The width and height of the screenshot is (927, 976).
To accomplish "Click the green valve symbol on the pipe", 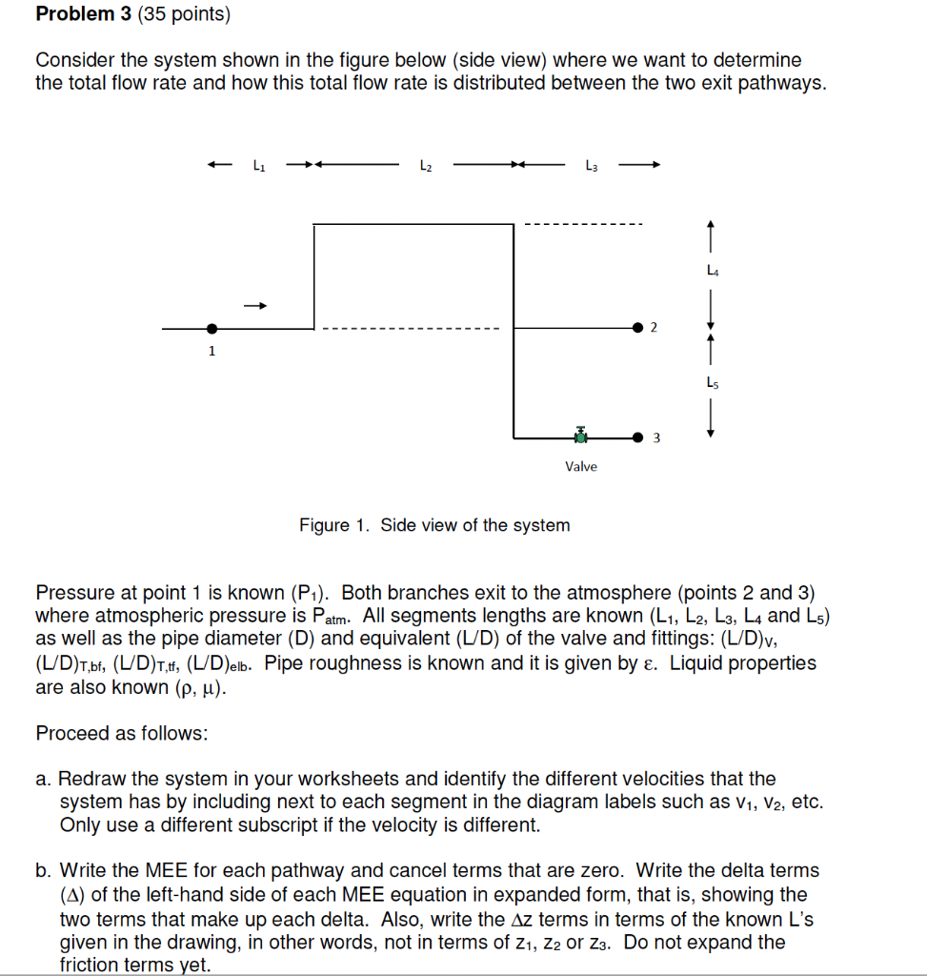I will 580,436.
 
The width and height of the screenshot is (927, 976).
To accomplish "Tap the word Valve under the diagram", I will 580,466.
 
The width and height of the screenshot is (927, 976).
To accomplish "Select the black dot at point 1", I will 212,328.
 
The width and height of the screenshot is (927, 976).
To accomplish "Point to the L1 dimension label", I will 258,165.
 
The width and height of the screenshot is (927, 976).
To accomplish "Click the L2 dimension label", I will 425,165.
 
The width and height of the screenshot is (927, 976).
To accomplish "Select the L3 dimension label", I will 592,165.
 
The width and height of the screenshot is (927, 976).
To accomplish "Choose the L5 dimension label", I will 710,382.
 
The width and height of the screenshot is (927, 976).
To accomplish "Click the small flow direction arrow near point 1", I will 254,306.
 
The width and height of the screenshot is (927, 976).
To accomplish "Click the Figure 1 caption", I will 434,525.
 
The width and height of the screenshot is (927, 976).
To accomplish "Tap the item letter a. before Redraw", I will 44,780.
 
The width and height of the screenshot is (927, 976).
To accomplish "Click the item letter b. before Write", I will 44,871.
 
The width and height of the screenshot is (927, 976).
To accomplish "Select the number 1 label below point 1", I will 212,351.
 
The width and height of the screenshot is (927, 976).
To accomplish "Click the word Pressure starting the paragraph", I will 76,593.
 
